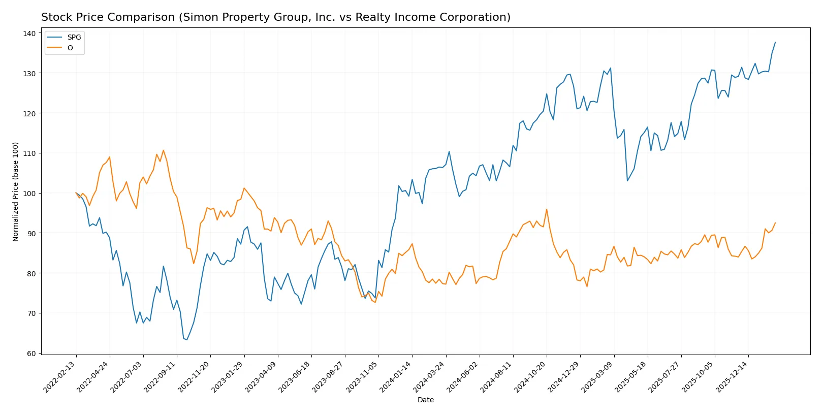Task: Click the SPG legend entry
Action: tap(74, 37)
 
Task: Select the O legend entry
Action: tap(70, 48)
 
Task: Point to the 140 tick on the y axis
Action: tap(29, 34)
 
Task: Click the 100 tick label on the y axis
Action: tap(29, 194)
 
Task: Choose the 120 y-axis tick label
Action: tap(29, 113)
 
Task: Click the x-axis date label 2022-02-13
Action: tap(60, 376)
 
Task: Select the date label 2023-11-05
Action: tap(362, 376)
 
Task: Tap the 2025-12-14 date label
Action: tap(732, 376)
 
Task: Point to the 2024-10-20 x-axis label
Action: tap(530, 376)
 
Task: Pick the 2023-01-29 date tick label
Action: tap(228, 376)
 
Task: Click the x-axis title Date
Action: tap(426, 400)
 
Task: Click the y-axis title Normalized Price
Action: tap(16, 191)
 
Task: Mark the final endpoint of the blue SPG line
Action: tap(775, 42)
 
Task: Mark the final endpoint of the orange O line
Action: tap(775, 222)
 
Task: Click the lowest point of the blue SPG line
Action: tap(186, 339)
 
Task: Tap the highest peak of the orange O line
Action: tap(163, 150)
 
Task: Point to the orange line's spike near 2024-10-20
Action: tap(547, 209)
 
